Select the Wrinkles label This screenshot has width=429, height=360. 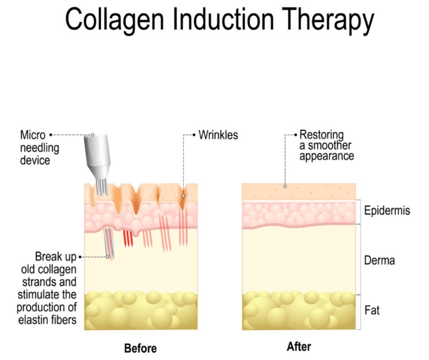pos(218,135)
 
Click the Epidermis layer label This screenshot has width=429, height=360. pos(387,210)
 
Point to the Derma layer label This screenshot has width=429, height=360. pos(379,260)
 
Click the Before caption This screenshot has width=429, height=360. pos(140,348)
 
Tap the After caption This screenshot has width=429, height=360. pos(299,347)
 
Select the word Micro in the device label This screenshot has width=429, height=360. pos(33,135)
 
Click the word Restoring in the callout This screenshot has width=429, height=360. pos(321,135)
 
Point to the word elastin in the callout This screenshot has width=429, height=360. pos(32,321)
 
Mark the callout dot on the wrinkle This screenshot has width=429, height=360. pos(183,195)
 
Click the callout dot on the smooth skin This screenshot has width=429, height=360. pos(285,187)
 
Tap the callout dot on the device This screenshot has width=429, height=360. pos(93,135)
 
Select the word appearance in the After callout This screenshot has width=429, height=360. pos(327,156)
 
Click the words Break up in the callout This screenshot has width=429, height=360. pos(55,257)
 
